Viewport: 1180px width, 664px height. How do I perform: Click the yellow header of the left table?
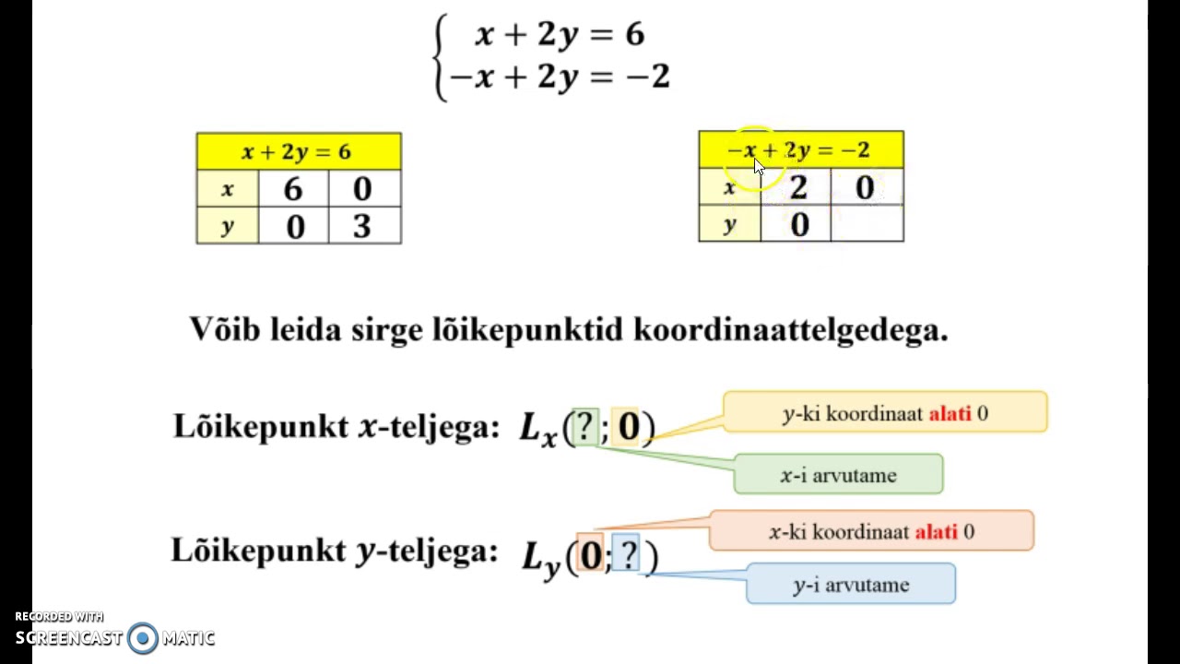click(299, 151)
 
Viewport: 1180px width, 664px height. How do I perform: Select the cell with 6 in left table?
click(293, 188)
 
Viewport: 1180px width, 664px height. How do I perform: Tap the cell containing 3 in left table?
click(364, 225)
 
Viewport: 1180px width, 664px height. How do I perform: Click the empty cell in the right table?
click(867, 223)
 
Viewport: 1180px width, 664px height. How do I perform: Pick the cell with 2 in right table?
click(796, 186)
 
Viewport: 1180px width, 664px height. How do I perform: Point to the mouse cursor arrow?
click(758, 167)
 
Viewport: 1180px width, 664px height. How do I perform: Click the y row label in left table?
click(228, 225)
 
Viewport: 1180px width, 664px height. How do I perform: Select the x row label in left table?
click(228, 188)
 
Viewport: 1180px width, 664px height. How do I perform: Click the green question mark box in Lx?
click(585, 426)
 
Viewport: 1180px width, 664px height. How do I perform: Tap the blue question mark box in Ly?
click(626, 552)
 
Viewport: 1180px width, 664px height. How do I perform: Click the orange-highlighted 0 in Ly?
click(590, 553)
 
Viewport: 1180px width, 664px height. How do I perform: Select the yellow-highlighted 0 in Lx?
click(625, 426)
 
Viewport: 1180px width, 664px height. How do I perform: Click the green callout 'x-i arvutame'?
click(838, 474)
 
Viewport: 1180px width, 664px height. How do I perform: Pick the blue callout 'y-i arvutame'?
click(851, 584)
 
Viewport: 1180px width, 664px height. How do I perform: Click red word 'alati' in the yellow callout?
click(950, 414)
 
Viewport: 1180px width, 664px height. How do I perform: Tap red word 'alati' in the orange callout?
click(936, 532)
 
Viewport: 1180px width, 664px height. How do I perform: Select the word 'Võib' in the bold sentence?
click(225, 329)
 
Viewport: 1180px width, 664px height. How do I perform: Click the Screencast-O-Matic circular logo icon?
click(142, 638)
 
